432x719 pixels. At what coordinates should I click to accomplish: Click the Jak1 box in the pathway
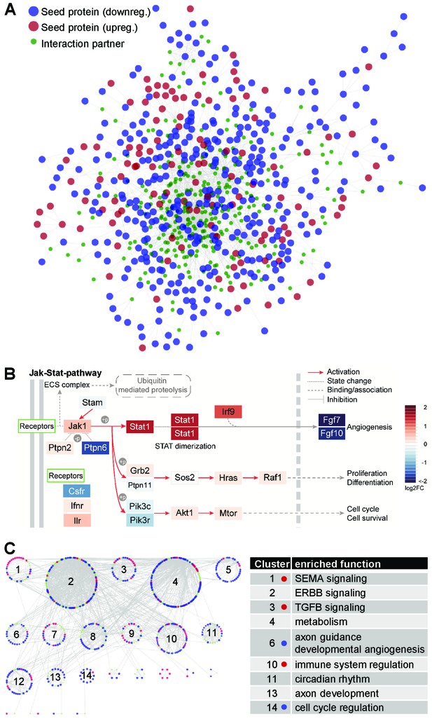[78, 426]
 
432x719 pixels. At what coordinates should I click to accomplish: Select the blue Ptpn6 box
[95, 447]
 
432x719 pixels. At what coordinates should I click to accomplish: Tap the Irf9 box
[228, 412]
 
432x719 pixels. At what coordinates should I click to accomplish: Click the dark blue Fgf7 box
[331, 420]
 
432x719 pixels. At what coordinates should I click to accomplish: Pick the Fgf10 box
[331, 433]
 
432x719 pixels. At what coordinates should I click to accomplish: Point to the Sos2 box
[185, 477]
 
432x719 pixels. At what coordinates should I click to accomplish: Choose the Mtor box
[228, 513]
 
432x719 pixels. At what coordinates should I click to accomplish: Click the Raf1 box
[272, 477]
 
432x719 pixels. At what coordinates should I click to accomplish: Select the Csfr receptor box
[77, 491]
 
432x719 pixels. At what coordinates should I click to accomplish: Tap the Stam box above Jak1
[92, 403]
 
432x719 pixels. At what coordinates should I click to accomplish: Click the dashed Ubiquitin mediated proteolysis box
[153, 385]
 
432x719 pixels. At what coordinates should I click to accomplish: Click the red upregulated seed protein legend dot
[34, 27]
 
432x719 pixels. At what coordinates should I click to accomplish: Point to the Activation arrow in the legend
[314, 372]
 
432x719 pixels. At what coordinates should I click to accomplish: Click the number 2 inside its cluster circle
[71, 582]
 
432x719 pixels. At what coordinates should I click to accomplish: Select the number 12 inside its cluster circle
[19, 681]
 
